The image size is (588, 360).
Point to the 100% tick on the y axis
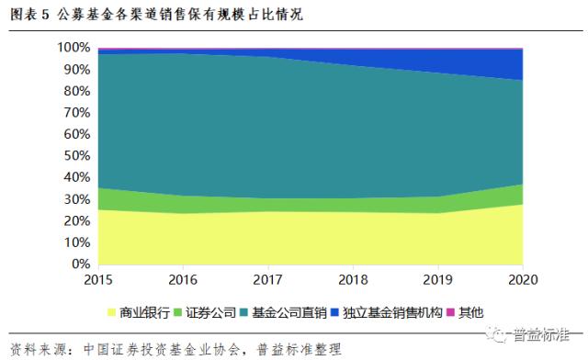point(73,47)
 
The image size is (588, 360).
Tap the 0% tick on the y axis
point(80,264)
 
